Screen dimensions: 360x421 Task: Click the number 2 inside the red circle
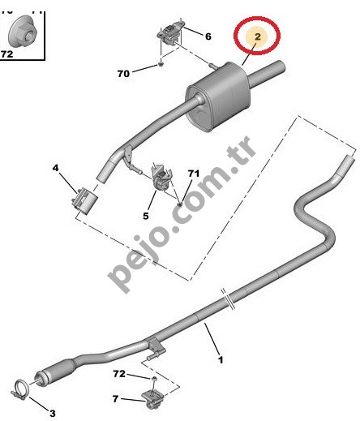[x=258, y=37]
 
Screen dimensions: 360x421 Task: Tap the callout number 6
[x=208, y=37]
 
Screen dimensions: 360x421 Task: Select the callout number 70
[x=123, y=74]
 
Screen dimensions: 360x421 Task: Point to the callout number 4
[x=55, y=168]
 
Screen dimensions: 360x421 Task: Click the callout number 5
[x=146, y=216]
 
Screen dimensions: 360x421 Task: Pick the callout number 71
[x=194, y=174]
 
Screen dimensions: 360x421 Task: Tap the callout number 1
[x=221, y=360]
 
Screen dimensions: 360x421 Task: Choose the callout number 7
[x=115, y=398]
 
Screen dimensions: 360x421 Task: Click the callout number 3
[x=52, y=413]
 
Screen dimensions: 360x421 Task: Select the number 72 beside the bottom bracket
[x=119, y=374]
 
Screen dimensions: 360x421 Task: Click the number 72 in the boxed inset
[x=7, y=54]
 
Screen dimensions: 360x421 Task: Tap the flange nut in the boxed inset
[x=22, y=32]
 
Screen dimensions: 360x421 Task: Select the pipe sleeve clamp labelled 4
[x=84, y=201]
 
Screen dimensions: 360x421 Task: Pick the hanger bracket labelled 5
[x=161, y=178]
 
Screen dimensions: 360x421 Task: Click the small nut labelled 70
[x=161, y=64]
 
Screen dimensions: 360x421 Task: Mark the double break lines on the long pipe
[x=227, y=299]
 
